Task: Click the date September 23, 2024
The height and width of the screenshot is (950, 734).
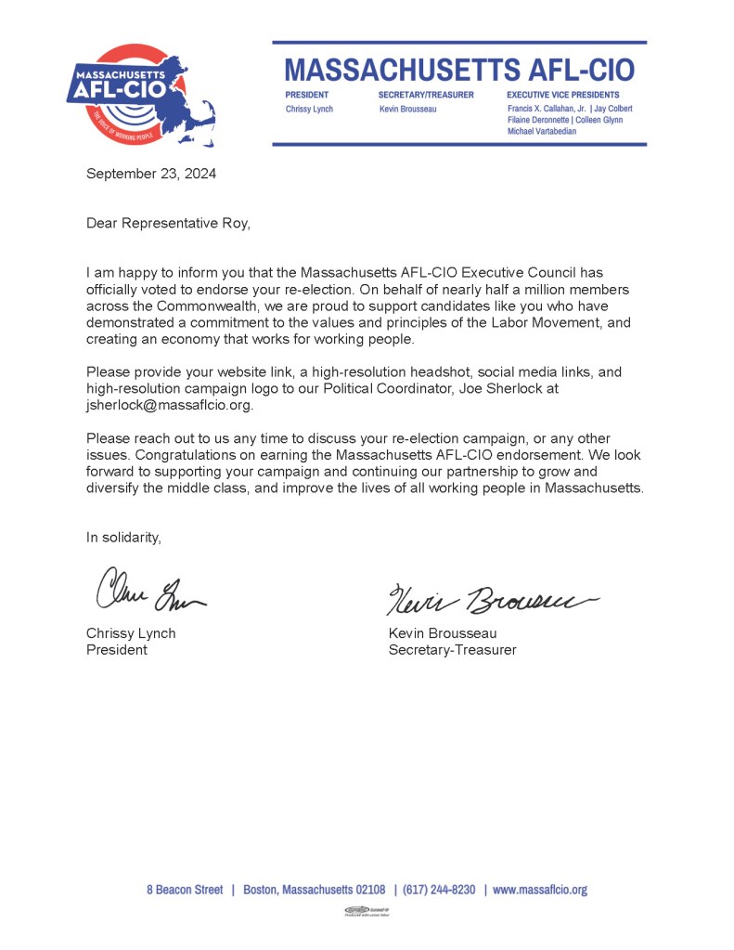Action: click(x=151, y=173)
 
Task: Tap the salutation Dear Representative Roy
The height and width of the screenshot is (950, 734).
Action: click(x=168, y=223)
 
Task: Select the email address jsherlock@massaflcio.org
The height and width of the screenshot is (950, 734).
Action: click(x=169, y=406)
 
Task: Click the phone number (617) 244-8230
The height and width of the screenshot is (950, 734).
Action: click(x=439, y=890)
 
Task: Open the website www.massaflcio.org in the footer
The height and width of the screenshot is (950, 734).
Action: click(x=539, y=890)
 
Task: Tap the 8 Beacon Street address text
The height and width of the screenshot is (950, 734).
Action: click(x=185, y=890)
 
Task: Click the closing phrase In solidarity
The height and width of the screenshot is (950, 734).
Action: click(x=123, y=537)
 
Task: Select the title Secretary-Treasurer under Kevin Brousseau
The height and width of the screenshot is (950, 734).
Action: click(x=452, y=650)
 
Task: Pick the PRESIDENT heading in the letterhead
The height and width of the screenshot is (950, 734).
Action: click(x=306, y=95)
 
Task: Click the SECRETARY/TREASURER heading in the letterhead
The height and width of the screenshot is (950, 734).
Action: click(x=426, y=95)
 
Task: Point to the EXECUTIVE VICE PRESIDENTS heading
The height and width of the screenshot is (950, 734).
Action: click(x=563, y=95)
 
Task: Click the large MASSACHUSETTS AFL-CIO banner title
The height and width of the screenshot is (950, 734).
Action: click(x=459, y=70)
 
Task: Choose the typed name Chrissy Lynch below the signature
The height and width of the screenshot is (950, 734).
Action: click(x=131, y=633)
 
